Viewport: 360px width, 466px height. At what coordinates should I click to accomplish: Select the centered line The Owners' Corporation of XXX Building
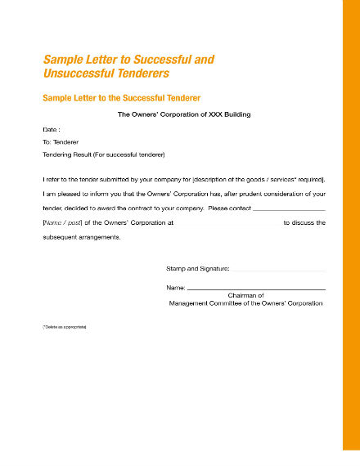pos(184,114)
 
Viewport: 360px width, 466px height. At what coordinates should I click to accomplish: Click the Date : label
pos(51,130)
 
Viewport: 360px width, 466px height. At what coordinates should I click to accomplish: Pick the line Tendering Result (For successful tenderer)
pos(103,155)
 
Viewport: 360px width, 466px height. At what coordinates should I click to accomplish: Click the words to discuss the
pos(304,222)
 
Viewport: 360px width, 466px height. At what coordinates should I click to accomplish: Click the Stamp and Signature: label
pos(198,268)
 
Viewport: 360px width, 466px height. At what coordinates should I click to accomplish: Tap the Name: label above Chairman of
pos(175,288)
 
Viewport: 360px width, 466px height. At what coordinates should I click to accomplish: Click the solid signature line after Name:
pos(256,290)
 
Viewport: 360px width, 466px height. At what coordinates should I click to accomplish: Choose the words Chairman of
pos(245,295)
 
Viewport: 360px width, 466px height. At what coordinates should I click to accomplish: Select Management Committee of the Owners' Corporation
pos(245,303)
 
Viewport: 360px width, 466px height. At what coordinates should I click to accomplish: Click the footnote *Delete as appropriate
pos(65,327)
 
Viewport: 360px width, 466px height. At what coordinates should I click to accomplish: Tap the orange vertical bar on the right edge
pos(351,233)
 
